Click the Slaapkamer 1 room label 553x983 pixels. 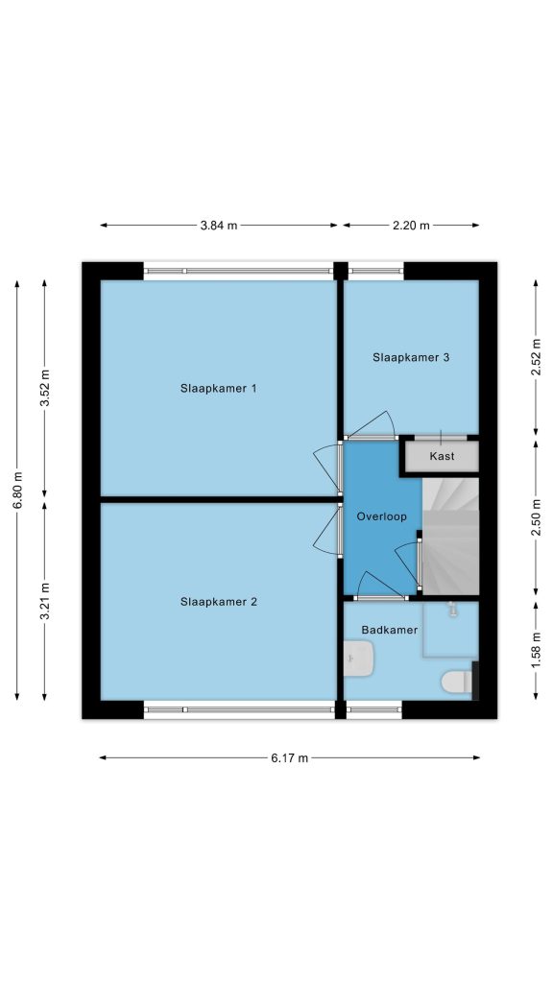218,388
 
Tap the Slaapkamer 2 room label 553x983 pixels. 218,602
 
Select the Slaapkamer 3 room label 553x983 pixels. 411,358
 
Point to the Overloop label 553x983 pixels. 381,517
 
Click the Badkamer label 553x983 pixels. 390,630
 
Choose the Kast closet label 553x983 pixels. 442,456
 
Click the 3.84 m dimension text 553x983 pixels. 219,226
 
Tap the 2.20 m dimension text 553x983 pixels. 411,226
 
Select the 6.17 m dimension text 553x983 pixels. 290,758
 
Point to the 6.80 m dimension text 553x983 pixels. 17,491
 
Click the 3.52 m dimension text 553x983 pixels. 45,388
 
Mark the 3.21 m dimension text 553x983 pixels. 45,601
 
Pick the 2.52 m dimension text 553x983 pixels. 536,357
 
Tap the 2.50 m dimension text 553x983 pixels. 536,517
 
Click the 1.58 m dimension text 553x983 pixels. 536,651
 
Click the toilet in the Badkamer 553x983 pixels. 456,683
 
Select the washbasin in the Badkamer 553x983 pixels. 359,658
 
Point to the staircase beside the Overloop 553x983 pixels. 451,536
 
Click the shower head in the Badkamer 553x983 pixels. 451,609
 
